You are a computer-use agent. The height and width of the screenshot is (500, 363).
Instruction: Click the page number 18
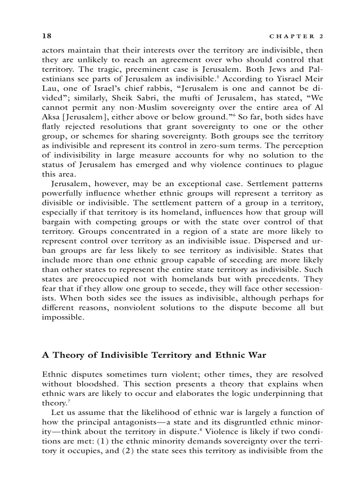pos(46,36)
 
